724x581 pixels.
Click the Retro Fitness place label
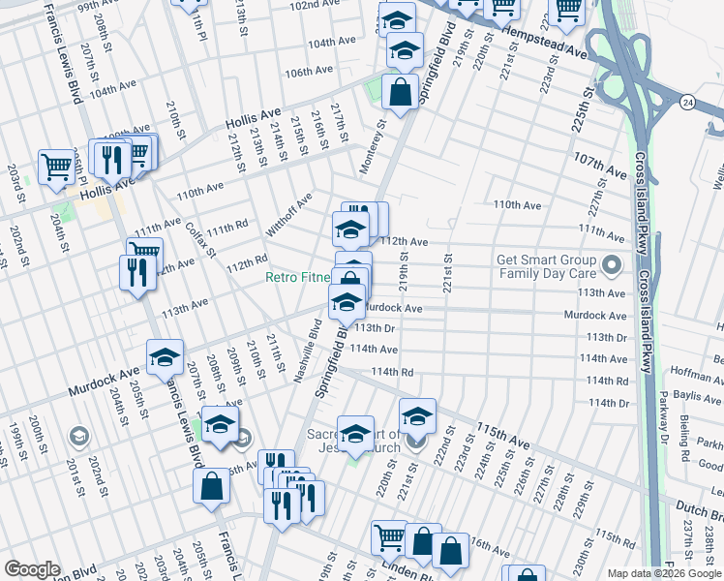[x=298, y=278]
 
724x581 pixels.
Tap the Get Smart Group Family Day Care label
[x=546, y=266]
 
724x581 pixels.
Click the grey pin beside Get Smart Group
[x=611, y=264]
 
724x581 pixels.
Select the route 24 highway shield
[x=686, y=102]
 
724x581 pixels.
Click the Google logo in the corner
[x=32, y=568]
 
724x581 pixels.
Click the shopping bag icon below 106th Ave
[x=400, y=93]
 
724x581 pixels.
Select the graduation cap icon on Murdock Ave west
[x=165, y=357]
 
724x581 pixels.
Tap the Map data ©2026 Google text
[x=663, y=573]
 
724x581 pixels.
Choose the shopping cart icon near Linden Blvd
[x=389, y=536]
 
